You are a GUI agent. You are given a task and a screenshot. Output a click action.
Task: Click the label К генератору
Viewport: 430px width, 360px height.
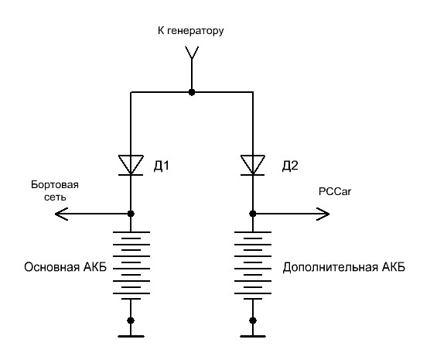190,30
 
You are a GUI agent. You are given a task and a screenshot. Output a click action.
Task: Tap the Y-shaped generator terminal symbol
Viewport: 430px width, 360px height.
192,53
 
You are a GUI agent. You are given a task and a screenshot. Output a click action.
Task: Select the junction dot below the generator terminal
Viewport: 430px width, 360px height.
192,92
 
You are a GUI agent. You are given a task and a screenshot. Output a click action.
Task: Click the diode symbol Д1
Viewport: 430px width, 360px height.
131,165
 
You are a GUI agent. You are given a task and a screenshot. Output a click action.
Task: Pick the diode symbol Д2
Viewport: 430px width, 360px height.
253,165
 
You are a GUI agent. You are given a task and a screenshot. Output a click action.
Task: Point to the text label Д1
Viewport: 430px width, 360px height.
162,166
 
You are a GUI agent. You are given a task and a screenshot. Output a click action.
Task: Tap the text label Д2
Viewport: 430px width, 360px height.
290,166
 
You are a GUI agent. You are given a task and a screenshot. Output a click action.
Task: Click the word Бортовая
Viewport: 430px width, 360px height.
55,184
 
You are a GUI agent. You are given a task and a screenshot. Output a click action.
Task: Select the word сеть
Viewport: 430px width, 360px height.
55,197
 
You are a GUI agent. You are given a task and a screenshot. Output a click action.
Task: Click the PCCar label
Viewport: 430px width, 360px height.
335,191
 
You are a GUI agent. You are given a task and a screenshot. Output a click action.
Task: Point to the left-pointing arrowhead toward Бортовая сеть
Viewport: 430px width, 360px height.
61,214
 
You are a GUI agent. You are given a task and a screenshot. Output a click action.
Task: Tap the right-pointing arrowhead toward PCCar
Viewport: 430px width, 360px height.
323,214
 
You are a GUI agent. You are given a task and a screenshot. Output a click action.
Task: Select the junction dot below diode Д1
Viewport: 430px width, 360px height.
131,214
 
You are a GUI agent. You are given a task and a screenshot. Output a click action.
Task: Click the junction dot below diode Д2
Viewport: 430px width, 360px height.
253,214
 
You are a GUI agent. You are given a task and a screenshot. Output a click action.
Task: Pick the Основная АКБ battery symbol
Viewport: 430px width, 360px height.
131,266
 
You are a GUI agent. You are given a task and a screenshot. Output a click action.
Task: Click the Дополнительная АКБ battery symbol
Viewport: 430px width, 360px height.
253,266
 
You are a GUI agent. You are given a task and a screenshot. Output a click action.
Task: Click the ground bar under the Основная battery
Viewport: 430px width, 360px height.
131,336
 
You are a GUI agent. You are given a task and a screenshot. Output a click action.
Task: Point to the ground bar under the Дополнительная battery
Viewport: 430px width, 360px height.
253,336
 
